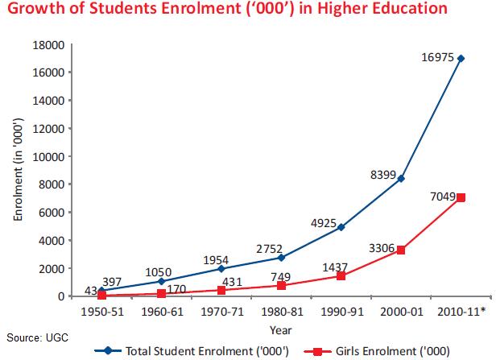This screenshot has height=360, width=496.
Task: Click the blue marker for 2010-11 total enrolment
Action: tap(461, 59)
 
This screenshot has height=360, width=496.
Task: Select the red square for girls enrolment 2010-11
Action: tap(461, 197)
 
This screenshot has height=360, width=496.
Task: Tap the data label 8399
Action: tap(383, 175)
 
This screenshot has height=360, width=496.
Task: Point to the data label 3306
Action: tap(382, 248)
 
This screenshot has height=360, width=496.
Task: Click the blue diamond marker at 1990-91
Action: tap(341, 227)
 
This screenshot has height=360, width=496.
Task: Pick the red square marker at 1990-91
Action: tap(341, 276)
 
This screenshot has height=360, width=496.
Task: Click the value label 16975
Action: tap(438, 57)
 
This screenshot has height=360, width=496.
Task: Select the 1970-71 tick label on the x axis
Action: tap(222, 312)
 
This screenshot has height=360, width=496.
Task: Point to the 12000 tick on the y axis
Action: tap(48, 128)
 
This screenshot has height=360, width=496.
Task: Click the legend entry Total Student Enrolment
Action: tap(192, 351)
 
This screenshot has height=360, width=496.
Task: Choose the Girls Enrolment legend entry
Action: tap(377, 351)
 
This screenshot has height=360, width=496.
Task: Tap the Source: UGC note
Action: tap(37, 337)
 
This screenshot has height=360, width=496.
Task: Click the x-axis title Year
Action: tap(280, 330)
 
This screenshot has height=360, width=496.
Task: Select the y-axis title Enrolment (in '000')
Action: tap(19, 169)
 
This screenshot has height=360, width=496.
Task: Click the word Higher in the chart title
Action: tap(342, 9)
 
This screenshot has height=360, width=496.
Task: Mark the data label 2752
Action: tap(269, 249)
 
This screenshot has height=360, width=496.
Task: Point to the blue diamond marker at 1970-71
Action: tap(221, 268)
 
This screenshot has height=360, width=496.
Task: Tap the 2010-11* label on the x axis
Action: tap(461, 312)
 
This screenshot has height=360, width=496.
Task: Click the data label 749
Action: tap(281, 277)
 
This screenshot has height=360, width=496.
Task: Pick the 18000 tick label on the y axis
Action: tap(48, 45)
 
